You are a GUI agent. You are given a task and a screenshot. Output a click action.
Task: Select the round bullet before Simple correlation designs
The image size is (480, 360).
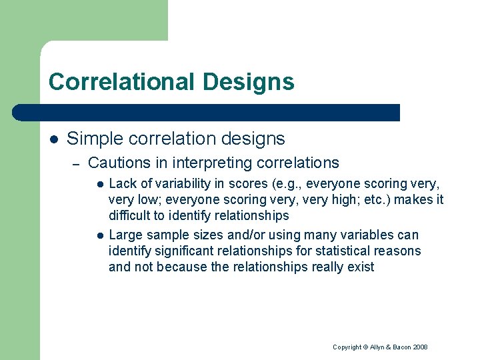[x=54, y=139]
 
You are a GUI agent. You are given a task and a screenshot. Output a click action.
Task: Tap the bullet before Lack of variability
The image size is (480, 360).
[x=98, y=184]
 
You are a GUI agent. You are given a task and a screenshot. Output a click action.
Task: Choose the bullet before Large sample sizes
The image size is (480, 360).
[x=98, y=235]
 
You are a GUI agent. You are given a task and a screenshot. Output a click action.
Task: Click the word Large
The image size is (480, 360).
[x=125, y=235]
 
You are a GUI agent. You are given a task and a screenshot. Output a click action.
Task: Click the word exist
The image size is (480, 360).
[x=361, y=267]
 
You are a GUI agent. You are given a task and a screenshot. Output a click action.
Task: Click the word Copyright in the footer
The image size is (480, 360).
[x=347, y=347]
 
